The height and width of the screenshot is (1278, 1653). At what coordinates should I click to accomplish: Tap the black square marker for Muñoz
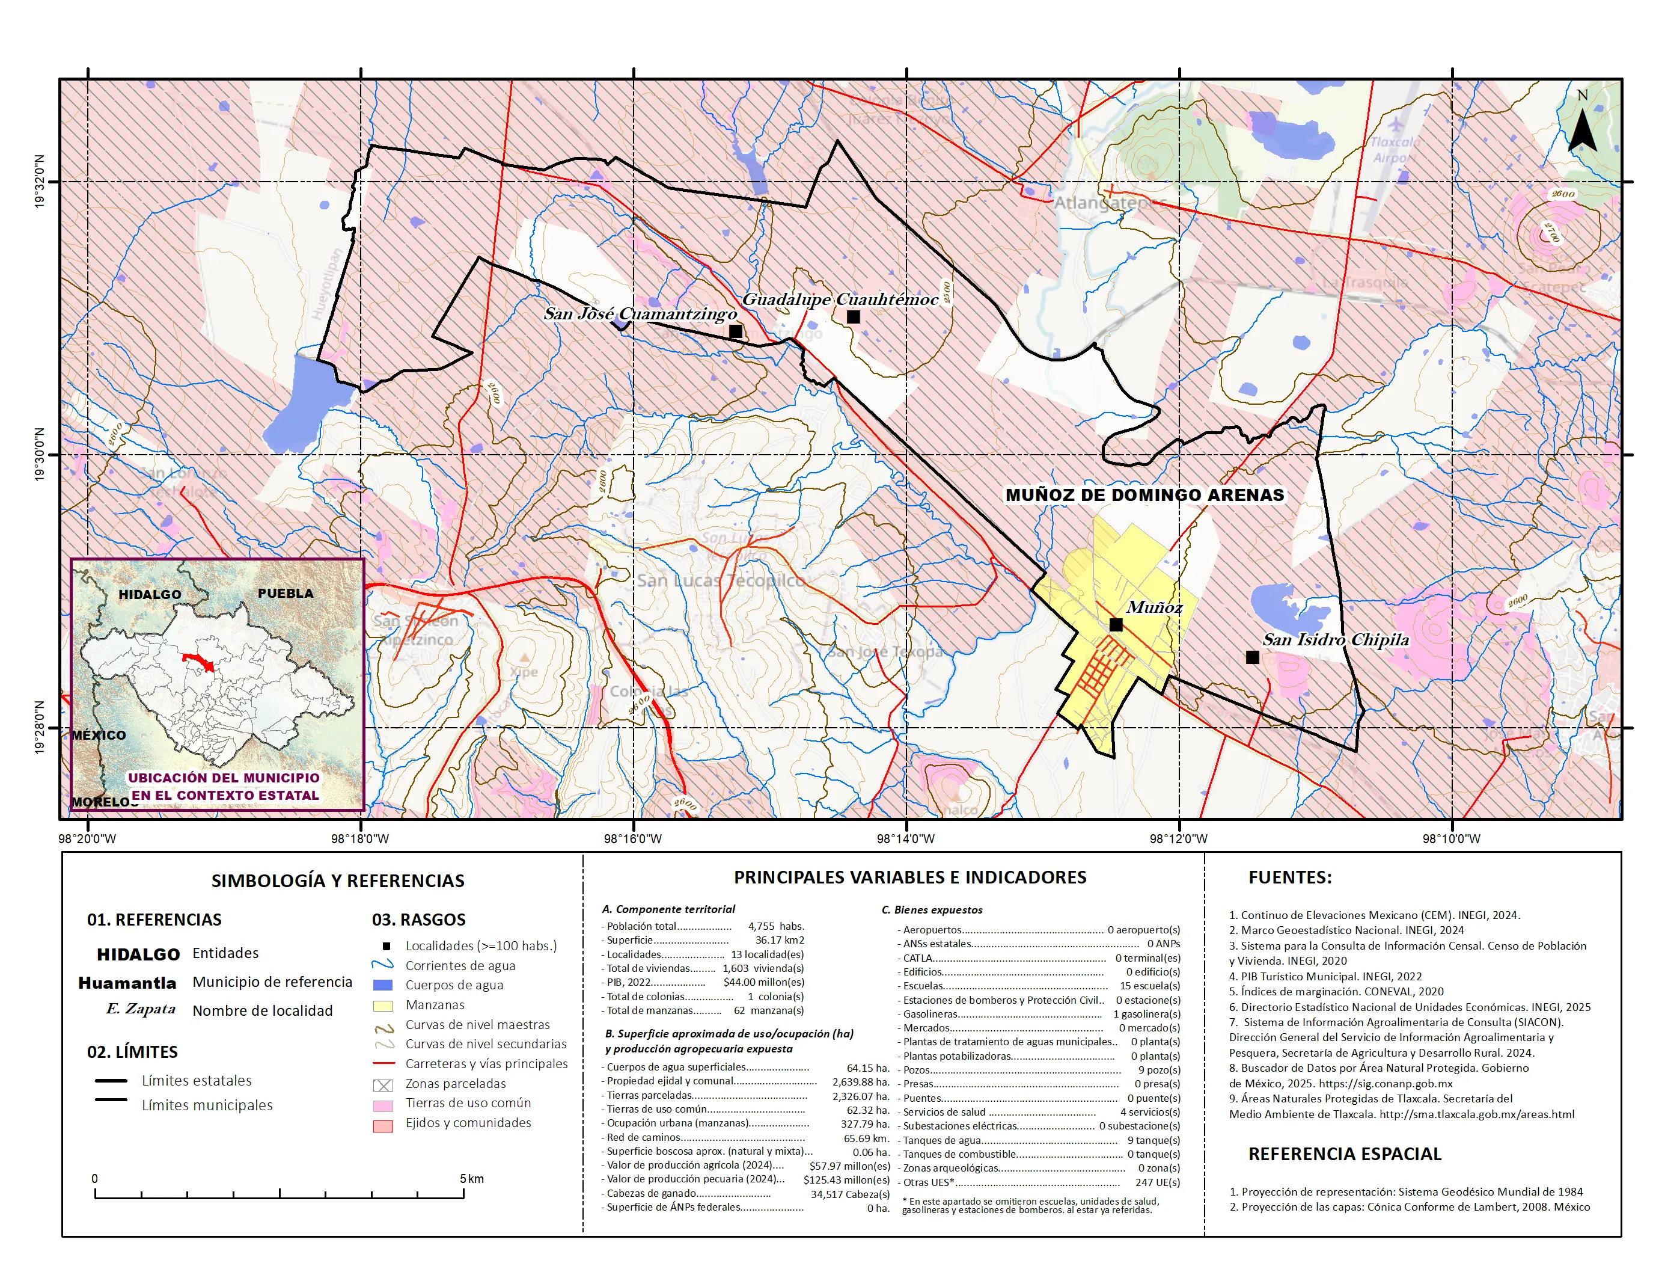click(1116, 625)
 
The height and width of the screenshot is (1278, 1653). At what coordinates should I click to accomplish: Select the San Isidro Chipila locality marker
click(1252, 657)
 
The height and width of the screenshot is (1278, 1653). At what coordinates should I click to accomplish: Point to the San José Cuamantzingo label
click(640, 313)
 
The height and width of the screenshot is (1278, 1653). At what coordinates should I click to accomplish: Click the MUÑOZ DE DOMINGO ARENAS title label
click(1144, 495)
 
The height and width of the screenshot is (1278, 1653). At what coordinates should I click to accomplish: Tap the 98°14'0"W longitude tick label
click(906, 838)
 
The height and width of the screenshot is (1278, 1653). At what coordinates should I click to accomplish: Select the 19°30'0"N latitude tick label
click(39, 454)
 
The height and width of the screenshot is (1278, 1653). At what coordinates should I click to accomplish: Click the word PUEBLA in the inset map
click(286, 593)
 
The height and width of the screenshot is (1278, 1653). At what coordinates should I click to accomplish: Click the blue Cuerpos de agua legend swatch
click(383, 985)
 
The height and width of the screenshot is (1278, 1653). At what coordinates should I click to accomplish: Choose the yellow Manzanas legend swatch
click(383, 1006)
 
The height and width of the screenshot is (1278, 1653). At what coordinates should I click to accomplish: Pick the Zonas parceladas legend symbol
click(383, 1085)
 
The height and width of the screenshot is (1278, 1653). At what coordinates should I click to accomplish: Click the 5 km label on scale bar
click(471, 1179)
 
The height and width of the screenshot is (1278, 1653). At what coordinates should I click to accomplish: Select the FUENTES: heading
click(1290, 877)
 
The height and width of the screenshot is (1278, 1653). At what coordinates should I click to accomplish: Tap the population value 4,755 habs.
click(776, 926)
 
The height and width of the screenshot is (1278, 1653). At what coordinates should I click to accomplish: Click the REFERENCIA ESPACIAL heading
click(1344, 1154)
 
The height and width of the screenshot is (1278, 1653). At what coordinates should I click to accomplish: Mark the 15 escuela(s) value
click(1150, 986)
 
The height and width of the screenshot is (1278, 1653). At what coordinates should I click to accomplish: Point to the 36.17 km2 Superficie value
click(780, 939)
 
